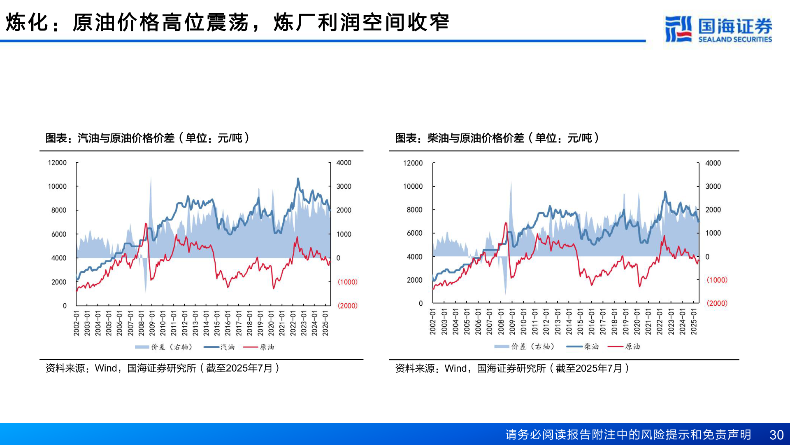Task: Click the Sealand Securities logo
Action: tap(718, 29)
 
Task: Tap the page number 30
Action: tap(776, 435)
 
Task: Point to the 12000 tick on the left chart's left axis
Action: tap(57, 163)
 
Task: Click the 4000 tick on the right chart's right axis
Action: tap(713, 163)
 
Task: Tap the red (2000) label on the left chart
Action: tap(347, 306)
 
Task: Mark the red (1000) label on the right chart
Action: tap(717, 280)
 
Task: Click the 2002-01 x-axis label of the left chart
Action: tap(77, 323)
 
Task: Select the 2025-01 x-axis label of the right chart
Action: tap(694, 321)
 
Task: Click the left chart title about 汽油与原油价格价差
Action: tap(147, 138)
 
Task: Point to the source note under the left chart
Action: tap(162, 368)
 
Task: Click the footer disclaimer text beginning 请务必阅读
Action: tap(628, 435)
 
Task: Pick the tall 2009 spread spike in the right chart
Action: tap(511, 183)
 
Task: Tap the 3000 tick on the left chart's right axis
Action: tap(344, 187)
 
